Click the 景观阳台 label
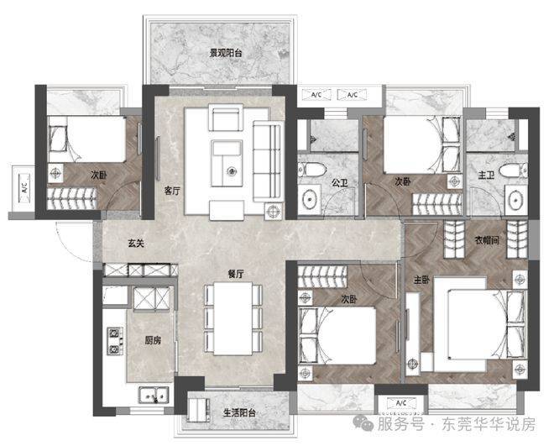coord(226,54)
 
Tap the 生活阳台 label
coord(239,412)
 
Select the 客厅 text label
coord(172,192)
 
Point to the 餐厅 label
coord(236,274)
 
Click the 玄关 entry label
coord(136,243)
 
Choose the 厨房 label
coord(153,340)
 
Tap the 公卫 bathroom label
coord(339,183)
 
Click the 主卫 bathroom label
coord(485,175)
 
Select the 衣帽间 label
coord(487,241)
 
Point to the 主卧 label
coord(421,280)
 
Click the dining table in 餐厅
coord(233,318)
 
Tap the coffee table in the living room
coord(227,163)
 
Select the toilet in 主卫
coord(514,171)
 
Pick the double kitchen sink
coord(154,395)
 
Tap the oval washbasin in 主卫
coord(516,201)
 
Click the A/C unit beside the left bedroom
coord(24,187)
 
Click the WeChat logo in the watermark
coord(363,423)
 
